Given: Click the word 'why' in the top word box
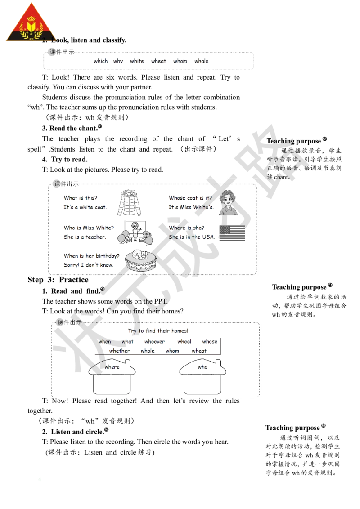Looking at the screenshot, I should click(118, 61).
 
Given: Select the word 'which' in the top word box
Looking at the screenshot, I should click(100, 61).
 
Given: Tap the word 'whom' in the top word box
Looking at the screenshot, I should click(180, 61).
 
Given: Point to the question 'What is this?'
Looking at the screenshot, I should click(80, 198).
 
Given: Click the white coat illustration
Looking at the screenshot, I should click(129, 202).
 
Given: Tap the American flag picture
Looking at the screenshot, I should click(231, 233).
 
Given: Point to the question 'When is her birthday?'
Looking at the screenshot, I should click(92, 256).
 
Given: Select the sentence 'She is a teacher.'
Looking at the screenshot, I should click(85, 237).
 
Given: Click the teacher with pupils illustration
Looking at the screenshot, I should click(134, 232).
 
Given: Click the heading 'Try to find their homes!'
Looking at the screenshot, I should click(157, 331).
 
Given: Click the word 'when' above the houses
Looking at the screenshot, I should click(104, 342).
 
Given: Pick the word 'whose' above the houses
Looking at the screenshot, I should click(209, 342).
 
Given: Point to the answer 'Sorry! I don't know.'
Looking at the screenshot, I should click(88, 265).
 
